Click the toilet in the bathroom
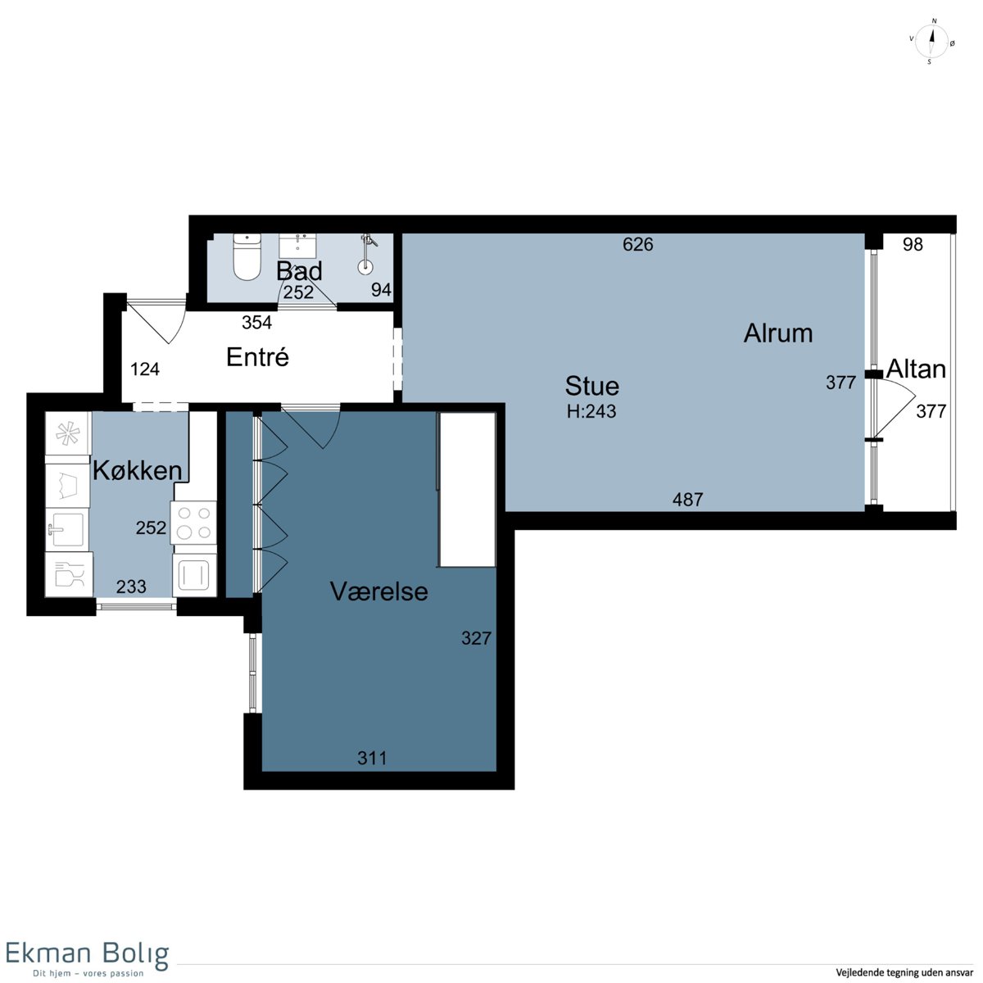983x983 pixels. (247, 256)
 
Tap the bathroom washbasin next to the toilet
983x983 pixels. (297, 246)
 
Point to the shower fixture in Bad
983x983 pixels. (366, 253)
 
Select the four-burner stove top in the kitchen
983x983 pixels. (194, 523)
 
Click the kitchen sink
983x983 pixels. (67, 529)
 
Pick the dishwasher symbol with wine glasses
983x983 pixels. (69, 574)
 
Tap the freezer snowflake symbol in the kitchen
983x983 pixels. (68, 434)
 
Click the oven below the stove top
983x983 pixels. (194, 575)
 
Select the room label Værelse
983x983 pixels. (379, 591)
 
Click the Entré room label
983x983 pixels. (257, 356)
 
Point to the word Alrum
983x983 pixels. (778, 333)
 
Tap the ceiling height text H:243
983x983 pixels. (591, 411)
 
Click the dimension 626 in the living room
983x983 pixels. (637, 245)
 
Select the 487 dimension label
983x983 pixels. (687, 500)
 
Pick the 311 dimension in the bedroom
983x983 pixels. (373, 758)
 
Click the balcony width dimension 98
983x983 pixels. (913, 245)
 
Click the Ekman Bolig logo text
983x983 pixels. (87, 953)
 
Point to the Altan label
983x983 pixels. (916, 369)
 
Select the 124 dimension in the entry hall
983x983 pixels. (145, 369)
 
